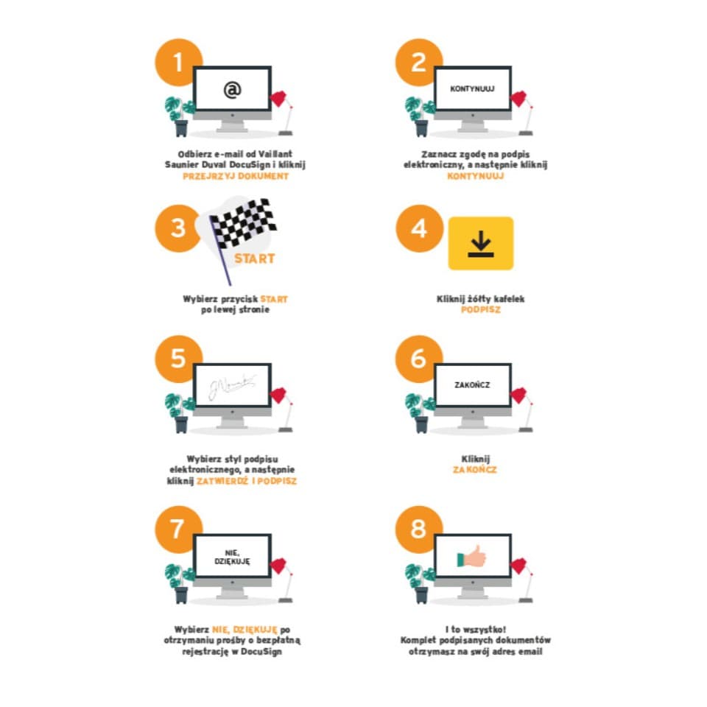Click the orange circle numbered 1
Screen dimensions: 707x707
coord(178,62)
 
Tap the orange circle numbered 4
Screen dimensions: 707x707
coord(419,228)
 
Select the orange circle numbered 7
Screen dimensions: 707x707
coord(178,530)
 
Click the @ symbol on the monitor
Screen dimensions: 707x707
coord(233,90)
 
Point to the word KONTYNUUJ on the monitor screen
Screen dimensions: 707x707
coord(472,89)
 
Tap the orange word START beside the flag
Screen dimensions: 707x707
coord(254,258)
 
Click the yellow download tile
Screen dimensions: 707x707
coord(481,244)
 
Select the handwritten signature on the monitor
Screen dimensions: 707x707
coord(232,387)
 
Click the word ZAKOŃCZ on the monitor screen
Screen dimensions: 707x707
coord(472,385)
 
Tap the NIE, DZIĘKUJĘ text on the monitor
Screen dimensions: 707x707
coord(232,557)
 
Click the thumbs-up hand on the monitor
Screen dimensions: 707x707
coord(471,557)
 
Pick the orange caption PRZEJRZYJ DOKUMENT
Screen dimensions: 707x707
coord(236,176)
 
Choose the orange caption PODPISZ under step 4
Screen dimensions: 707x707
coord(481,310)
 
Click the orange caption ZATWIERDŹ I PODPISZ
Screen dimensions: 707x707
coord(247,481)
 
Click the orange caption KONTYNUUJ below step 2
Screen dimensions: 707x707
coord(476,176)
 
